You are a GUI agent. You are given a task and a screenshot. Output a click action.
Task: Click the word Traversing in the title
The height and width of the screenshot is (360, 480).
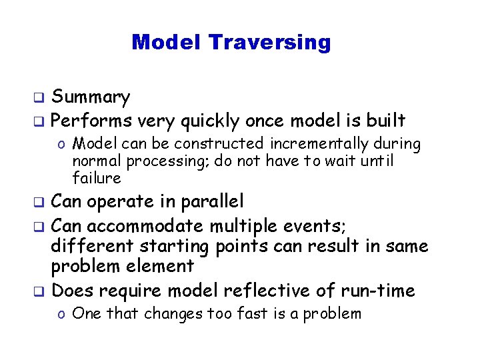click(x=269, y=43)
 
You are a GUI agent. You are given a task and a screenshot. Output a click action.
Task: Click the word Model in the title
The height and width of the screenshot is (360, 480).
click(x=167, y=42)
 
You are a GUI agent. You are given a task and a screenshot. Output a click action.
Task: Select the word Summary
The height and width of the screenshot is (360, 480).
click(x=91, y=98)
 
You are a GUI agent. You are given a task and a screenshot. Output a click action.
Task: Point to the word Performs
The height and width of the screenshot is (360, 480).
click(x=91, y=121)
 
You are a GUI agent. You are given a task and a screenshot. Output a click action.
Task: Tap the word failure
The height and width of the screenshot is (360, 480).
click(x=97, y=178)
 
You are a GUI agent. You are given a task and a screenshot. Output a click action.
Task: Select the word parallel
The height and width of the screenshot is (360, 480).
click(x=211, y=201)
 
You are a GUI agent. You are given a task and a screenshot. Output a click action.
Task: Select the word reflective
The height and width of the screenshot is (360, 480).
click(x=268, y=291)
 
